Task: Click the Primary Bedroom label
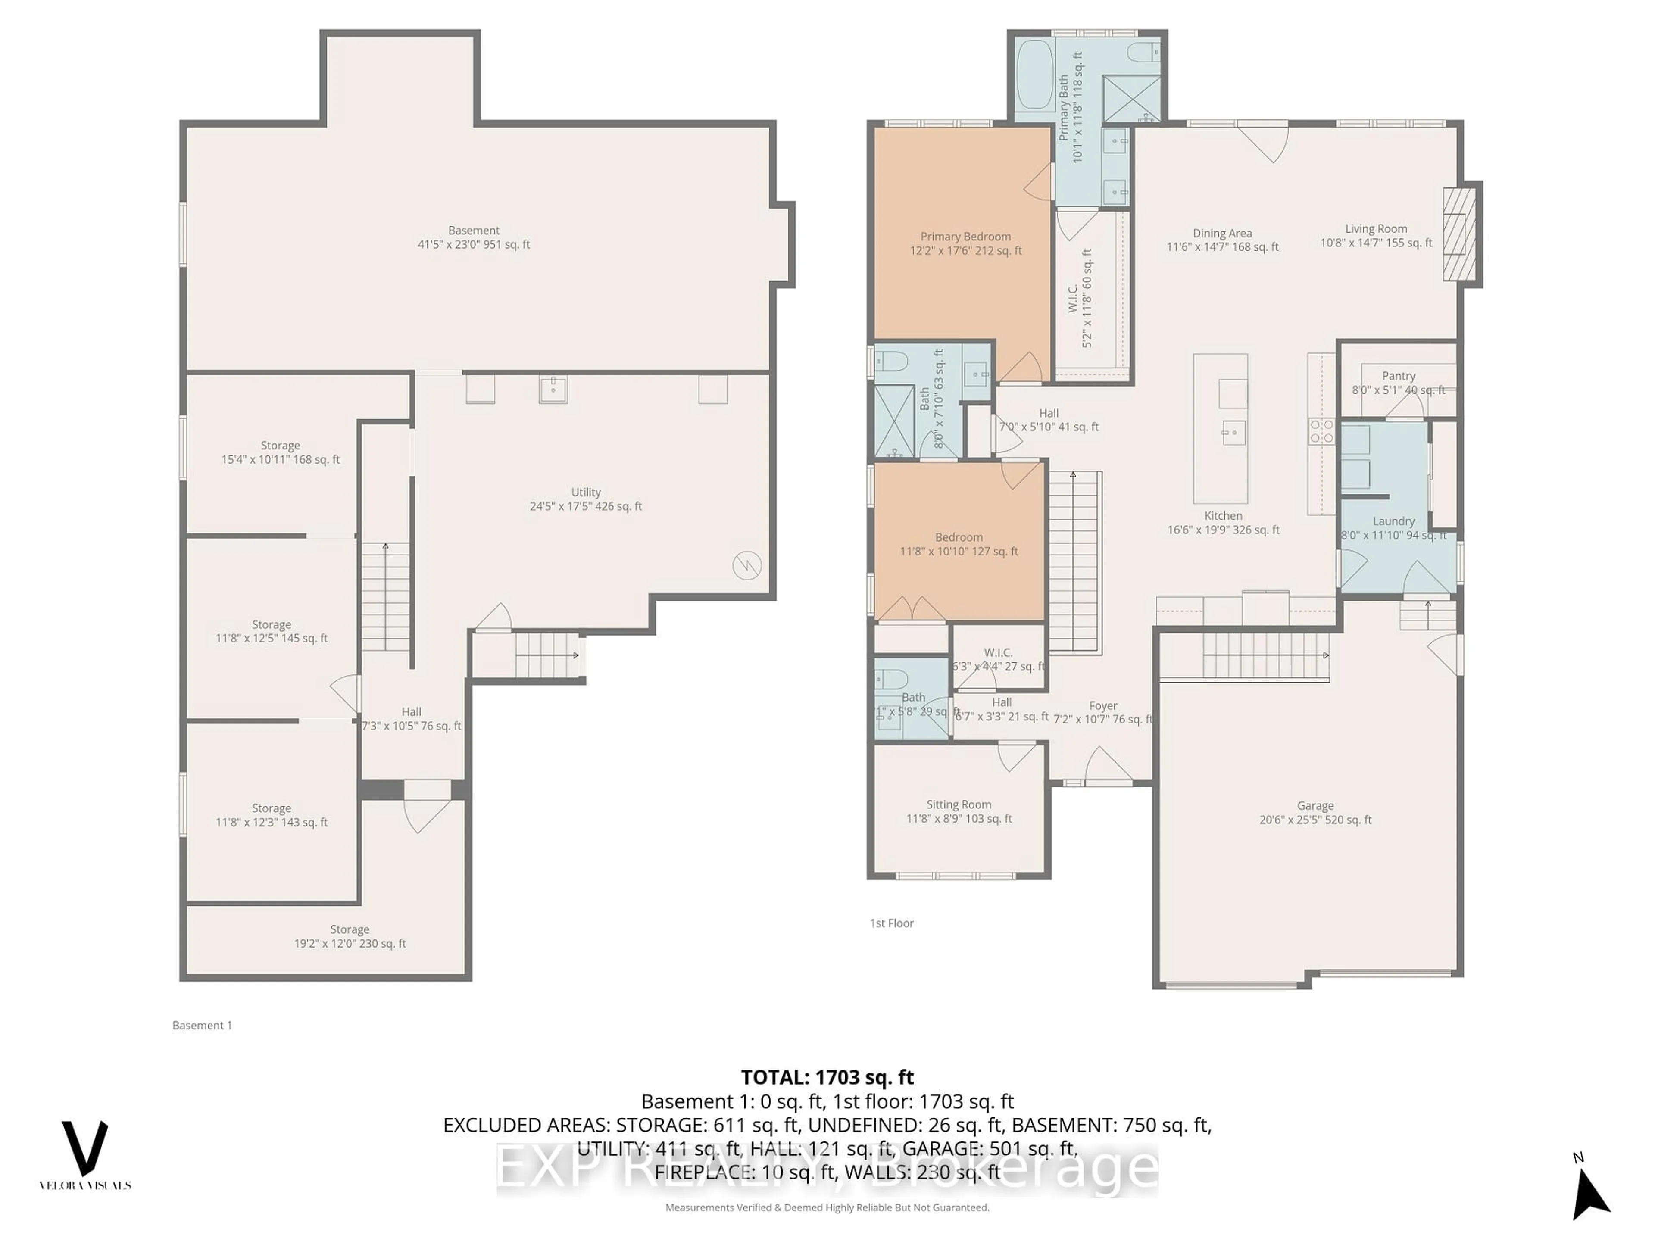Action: [965, 243]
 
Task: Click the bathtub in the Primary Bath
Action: [1035, 75]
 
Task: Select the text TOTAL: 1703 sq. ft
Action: [827, 1077]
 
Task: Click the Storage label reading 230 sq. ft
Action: [350, 936]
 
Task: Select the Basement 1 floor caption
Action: [202, 1026]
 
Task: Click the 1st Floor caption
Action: [891, 923]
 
